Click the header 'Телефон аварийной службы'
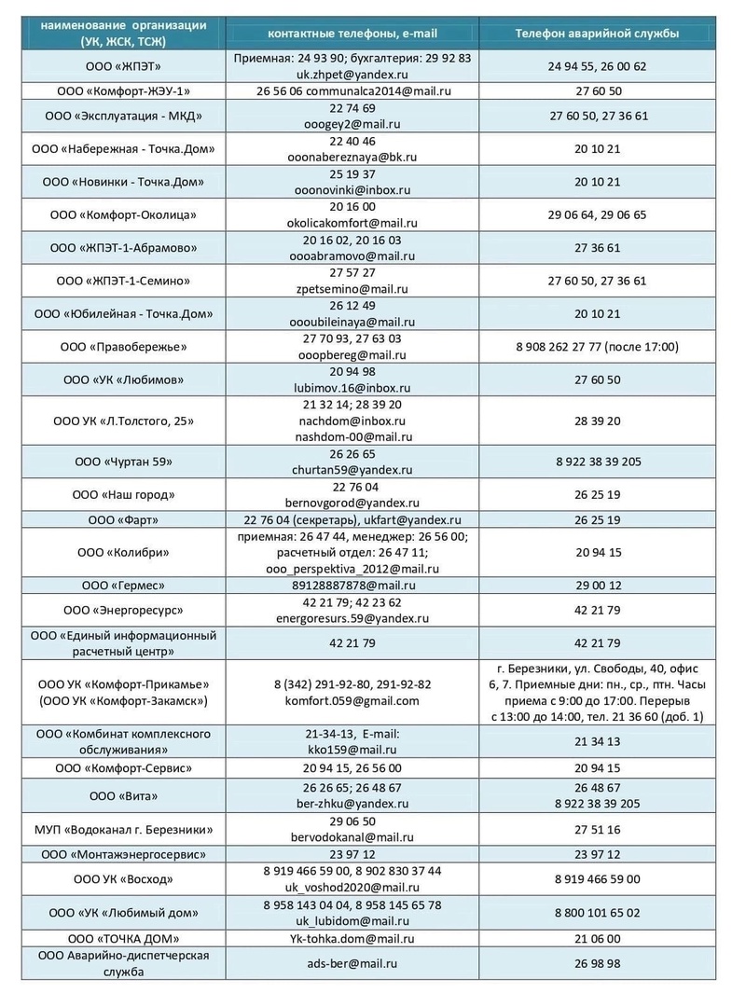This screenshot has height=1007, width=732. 598,34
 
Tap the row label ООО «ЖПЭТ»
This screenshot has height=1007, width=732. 117,65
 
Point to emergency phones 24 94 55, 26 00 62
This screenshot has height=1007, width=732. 598,65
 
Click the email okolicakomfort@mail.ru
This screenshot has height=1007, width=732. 352,223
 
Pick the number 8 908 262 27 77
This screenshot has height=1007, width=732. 598,347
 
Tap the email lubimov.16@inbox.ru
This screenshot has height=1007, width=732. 352,388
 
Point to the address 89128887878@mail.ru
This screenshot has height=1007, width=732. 352,586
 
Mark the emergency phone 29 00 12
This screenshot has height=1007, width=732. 598,586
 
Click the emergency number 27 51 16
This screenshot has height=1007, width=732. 598,829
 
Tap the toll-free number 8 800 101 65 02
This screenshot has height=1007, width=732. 598,913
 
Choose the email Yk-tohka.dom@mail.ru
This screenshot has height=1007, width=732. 352,938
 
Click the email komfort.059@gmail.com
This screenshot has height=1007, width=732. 352,700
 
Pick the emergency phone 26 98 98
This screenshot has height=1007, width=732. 598,963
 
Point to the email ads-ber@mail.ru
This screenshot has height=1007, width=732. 352,963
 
